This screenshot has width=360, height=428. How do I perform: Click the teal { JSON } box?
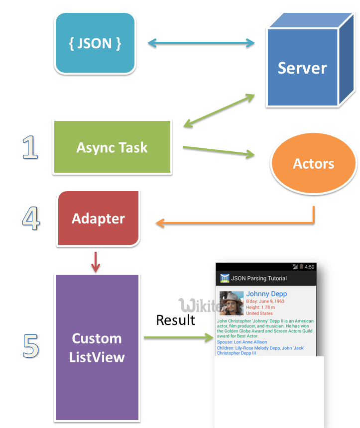(x=95, y=43)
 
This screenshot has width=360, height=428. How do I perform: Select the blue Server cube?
(x=302, y=67)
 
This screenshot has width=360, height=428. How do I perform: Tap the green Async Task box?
(x=112, y=147)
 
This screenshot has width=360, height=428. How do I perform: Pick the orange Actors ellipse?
(x=313, y=164)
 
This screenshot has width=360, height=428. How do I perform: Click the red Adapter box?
(x=98, y=218)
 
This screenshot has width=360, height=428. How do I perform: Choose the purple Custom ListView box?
(x=97, y=347)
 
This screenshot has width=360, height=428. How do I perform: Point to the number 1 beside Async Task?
(x=30, y=148)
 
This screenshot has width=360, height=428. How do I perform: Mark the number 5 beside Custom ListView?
(x=31, y=346)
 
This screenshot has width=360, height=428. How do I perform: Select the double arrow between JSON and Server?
(x=201, y=44)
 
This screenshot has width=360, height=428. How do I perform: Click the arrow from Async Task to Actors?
(x=219, y=151)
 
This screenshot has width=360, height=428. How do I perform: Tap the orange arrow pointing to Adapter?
(x=234, y=223)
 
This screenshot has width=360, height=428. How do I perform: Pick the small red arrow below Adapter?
(x=96, y=263)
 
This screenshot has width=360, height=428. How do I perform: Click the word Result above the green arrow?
(x=175, y=320)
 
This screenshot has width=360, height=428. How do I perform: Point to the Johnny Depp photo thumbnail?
(x=232, y=303)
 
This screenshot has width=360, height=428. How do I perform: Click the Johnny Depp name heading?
(x=266, y=294)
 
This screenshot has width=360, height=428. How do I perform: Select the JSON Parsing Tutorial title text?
(x=259, y=278)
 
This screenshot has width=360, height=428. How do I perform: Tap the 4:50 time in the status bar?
(x=309, y=267)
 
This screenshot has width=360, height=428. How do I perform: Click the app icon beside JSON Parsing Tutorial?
(x=225, y=278)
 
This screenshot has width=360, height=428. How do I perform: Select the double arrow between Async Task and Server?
(x=219, y=110)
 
